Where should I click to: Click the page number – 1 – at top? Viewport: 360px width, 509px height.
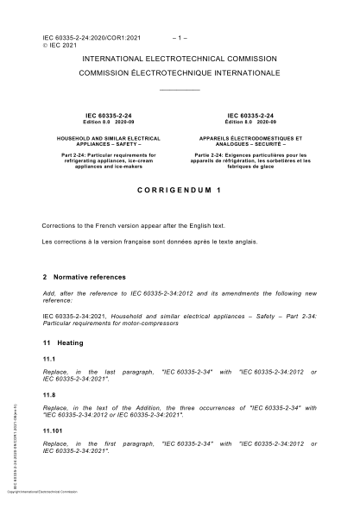coord(180,38)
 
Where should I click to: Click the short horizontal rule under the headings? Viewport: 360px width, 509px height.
coord(180,90)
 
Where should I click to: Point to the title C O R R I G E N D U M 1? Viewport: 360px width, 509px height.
coord(180,188)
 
